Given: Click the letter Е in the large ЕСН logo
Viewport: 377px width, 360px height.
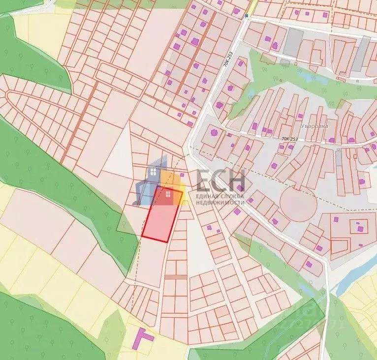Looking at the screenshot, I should coord(205,180).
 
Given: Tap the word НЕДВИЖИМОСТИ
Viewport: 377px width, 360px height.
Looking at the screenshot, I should coord(220,203).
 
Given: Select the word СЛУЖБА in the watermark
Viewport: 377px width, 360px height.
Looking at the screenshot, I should coord(233,197).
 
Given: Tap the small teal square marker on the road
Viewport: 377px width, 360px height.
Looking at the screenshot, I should coord(247,16).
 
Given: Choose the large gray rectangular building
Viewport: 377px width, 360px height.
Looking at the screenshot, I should coord(294,42).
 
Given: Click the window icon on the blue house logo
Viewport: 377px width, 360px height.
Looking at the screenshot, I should coord(154,172).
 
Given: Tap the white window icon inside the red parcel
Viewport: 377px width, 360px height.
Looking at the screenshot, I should coord(168,195).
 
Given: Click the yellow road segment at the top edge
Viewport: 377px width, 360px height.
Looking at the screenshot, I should coord(251,6).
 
